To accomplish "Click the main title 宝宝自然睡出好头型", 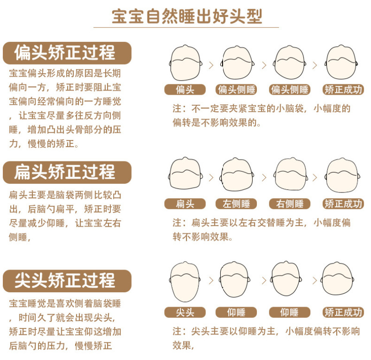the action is [x=187, y=16].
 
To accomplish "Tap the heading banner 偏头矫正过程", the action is [x=67, y=53].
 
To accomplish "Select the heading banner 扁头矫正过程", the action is [x=67, y=172].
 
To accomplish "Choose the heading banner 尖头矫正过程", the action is [x=67, y=281].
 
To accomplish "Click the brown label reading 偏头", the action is [x=185, y=90].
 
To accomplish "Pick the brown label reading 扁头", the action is [x=185, y=204].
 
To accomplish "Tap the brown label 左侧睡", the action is [x=236, y=204].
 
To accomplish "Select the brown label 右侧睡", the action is [x=289, y=204].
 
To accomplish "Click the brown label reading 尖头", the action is [x=185, y=312].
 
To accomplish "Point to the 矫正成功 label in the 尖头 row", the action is [x=343, y=312].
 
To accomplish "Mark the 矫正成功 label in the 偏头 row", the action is [x=343, y=90].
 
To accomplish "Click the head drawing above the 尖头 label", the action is [x=185, y=282].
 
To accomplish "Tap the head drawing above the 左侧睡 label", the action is [x=237, y=174].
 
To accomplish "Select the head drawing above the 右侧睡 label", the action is [x=291, y=174].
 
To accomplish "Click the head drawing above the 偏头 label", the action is [x=186, y=63].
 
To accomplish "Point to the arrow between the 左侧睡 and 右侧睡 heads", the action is [x=264, y=178].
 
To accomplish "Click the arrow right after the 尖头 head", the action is [x=211, y=281].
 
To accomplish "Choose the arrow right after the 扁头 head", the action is [x=211, y=178].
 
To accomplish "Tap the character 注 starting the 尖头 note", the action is [x=177, y=331].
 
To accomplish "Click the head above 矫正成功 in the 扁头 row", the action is [x=342, y=175].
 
